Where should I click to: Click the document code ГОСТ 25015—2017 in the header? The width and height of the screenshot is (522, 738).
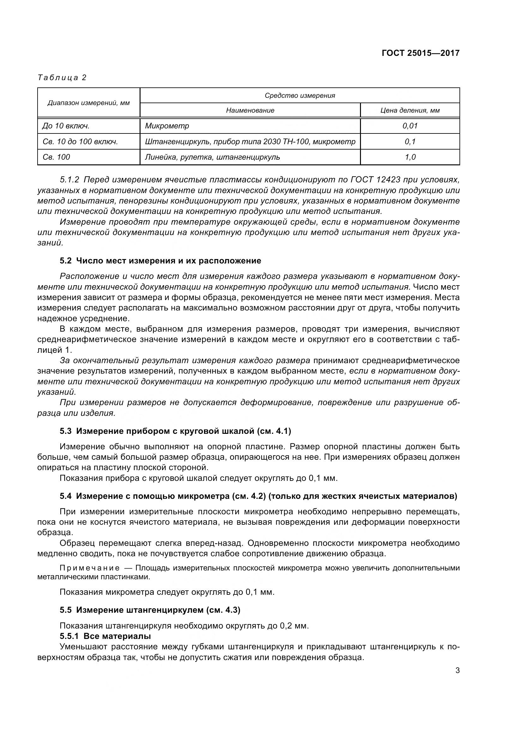(x=420, y=53)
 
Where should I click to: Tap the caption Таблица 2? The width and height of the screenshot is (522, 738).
(x=62, y=78)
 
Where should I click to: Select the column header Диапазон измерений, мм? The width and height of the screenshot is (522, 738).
(x=88, y=103)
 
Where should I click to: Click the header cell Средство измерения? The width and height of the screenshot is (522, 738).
(x=299, y=96)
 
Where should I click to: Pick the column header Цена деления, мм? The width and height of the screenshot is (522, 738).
(x=410, y=110)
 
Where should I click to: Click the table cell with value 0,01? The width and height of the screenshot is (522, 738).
(x=410, y=126)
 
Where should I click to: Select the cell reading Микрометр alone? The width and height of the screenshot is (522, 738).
(x=167, y=126)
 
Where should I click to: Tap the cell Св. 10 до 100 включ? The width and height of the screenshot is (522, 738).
(x=80, y=141)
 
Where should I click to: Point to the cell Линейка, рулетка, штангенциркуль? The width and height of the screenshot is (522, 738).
(x=212, y=157)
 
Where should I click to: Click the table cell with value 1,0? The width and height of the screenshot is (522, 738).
(x=410, y=157)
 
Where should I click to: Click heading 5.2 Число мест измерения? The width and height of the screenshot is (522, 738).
(x=160, y=261)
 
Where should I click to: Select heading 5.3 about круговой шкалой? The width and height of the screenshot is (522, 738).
(x=175, y=431)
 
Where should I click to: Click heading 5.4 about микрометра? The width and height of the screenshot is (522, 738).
(x=258, y=496)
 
